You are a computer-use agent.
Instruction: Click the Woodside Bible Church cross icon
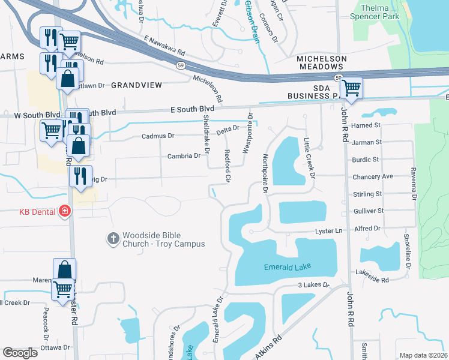112,239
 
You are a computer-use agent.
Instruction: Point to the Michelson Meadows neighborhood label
322,63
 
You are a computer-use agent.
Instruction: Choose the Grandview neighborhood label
137,86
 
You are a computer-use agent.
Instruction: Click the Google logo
20,353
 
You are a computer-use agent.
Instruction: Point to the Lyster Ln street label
330,230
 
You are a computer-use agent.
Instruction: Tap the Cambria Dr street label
184,156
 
